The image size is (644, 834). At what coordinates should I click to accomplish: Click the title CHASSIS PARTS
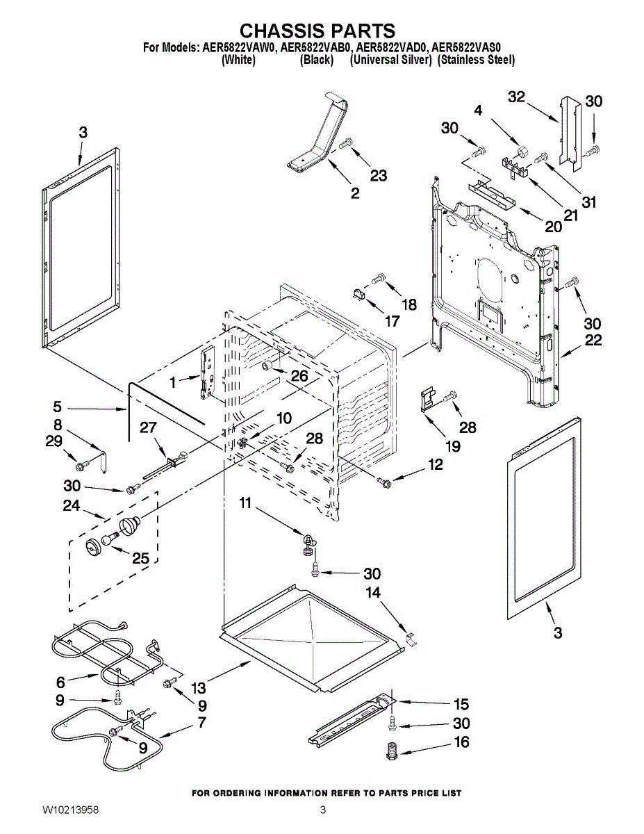click(x=317, y=31)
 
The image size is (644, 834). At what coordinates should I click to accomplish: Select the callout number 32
click(x=516, y=97)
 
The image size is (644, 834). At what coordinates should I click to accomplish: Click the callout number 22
click(x=593, y=341)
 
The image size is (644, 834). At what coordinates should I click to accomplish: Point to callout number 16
click(x=461, y=742)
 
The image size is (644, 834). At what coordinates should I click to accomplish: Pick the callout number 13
click(x=199, y=688)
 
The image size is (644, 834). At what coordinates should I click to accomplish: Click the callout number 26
click(x=299, y=375)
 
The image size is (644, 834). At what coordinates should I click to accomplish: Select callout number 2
click(x=355, y=193)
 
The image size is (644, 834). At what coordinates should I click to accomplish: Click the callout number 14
click(x=373, y=593)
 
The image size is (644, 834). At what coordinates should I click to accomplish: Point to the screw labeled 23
click(x=347, y=144)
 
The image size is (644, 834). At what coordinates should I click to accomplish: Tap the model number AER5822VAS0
click(x=471, y=48)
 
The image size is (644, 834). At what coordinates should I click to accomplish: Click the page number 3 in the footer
click(x=322, y=810)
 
